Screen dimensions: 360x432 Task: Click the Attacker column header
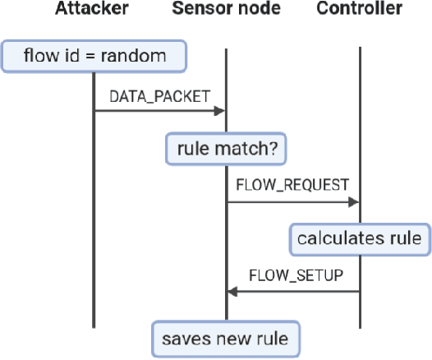click(93, 10)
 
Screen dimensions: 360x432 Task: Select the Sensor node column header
click(226, 10)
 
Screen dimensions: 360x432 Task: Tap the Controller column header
click(360, 10)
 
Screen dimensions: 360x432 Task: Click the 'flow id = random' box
click(93, 58)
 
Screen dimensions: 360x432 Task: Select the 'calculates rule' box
click(359, 239)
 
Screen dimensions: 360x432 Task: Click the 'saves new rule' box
click(226, 337)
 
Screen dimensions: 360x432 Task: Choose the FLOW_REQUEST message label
click(292, 184)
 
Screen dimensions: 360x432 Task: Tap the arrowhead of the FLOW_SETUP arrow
click(232, 292)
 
